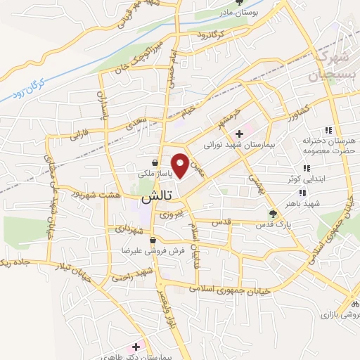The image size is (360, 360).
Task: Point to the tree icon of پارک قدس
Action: pyautogui.click(x=274, y=212)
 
